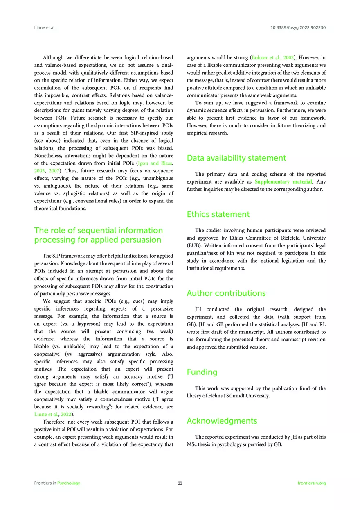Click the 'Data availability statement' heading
236,158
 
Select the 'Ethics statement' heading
218,214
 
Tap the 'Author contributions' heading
226,293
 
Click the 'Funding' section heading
202,372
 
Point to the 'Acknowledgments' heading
222,421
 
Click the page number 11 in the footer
180,483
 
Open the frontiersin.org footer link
312,483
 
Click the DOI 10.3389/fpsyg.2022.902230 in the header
298,28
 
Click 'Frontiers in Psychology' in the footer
57,483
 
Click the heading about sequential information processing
98,235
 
